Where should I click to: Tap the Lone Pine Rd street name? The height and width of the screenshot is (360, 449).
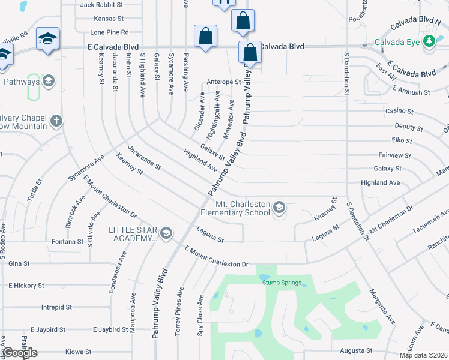(109, 32)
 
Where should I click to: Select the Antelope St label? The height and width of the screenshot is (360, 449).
(223, 82)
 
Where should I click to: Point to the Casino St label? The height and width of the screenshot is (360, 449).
(399, 112)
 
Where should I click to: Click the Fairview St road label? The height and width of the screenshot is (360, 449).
(395, 155)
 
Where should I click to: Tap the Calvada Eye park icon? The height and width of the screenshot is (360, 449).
(429, 41)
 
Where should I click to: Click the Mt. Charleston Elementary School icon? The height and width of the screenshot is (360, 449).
(279, 208)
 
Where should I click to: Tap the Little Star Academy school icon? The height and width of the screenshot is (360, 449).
(166, 233)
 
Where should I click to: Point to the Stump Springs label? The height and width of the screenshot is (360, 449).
(282, 283)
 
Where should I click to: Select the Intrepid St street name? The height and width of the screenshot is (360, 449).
(56, 307)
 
